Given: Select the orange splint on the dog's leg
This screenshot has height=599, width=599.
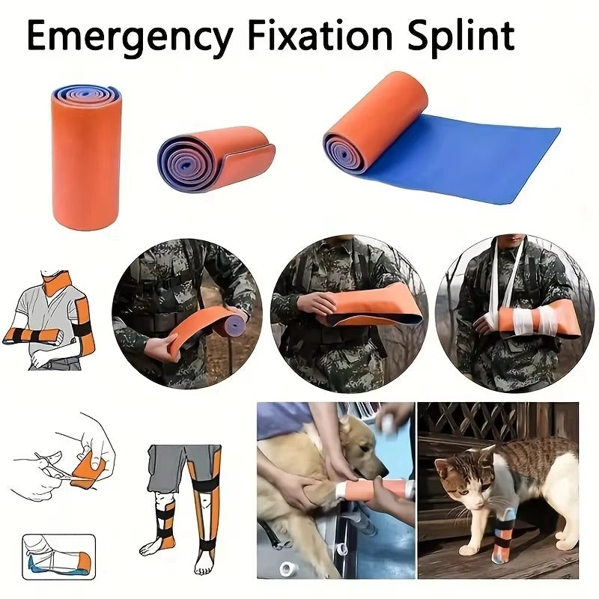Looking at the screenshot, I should pos(394,490).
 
